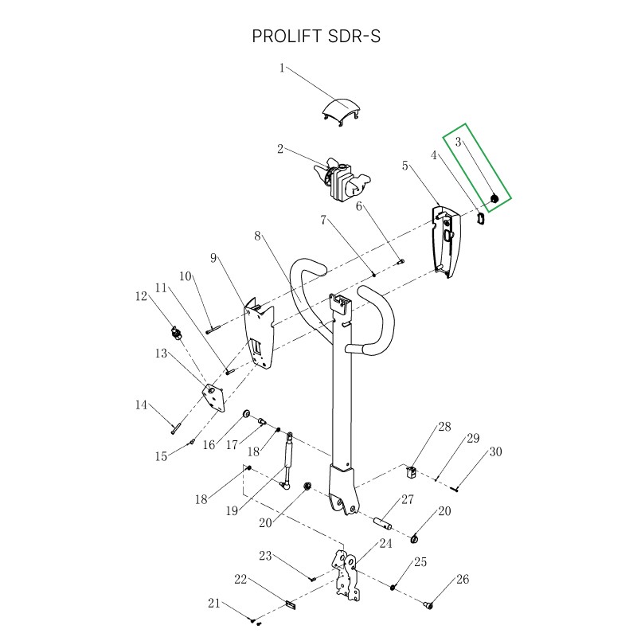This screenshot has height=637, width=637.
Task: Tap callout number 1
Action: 282,68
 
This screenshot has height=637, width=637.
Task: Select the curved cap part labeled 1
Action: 342,110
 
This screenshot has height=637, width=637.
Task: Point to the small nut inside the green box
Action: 493,198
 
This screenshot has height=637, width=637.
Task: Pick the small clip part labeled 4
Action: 481,217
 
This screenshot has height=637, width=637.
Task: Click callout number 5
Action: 405,166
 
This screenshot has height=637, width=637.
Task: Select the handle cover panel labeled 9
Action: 260,334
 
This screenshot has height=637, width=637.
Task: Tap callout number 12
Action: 142,297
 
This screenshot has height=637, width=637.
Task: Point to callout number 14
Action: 142,405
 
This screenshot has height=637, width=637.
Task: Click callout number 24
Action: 385,544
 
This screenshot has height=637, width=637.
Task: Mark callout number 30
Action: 495,451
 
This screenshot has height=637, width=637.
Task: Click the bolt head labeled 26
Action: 431,606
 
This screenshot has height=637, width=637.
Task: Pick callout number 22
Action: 240,579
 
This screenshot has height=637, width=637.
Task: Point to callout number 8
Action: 257,236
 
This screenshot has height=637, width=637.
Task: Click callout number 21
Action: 213,604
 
